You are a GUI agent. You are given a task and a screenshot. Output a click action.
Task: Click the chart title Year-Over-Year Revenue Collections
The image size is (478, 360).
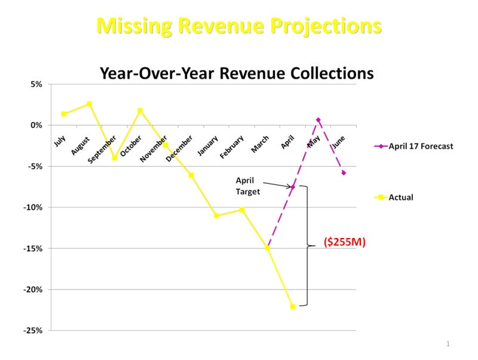click(237, 73)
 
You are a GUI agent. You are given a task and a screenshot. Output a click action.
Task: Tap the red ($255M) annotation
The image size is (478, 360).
click(344, 242)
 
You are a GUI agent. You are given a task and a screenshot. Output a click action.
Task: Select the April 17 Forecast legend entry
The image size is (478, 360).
click(421, 146)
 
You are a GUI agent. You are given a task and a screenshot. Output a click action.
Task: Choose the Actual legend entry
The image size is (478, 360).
click(401, 197)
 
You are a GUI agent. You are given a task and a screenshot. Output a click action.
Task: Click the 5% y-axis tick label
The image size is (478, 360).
click(36, 84)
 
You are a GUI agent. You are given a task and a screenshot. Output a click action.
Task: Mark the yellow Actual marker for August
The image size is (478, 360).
click(89, 104)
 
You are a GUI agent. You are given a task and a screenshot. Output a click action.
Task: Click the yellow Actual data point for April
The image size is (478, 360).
click(293, 306)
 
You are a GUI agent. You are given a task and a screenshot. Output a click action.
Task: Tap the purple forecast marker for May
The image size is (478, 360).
click(318, 120)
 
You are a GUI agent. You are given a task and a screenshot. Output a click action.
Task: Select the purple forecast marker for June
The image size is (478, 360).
click(344, 173)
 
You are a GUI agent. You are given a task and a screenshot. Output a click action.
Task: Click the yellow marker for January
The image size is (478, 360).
click(216, 215)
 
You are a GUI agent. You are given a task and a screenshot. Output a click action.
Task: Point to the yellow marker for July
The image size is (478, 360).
click(64, 114)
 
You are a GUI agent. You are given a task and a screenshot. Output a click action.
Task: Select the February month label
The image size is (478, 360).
click(232, 147)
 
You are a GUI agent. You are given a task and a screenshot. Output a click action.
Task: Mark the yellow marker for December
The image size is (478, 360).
click(191, 175)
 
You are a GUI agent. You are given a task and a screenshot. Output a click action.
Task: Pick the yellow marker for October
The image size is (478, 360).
click(140, 111)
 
